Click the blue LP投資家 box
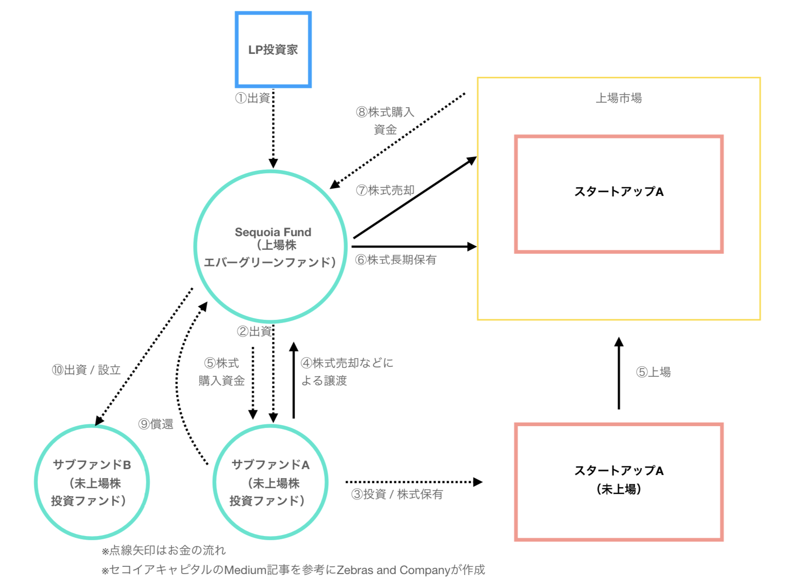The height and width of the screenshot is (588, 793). [x=273, y=49]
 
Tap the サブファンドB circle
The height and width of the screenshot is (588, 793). [x=92, y=482]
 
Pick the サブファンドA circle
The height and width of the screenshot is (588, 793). [x=270, y=482]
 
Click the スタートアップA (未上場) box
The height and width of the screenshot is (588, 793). [x=619, y=482]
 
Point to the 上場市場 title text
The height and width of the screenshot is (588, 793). [x=619, y=98]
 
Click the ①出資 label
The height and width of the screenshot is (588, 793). [x=253, y=98]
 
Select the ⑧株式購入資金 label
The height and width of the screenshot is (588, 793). [x=385, y=120]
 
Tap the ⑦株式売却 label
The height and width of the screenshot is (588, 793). [x=385, y=190]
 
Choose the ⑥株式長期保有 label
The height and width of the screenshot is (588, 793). [x=396, y=260]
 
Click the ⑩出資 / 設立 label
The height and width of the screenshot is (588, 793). [x=86, y=370]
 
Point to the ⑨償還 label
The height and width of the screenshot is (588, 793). [x=156, y=424]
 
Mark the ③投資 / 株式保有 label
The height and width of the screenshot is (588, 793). [x=397, y=494]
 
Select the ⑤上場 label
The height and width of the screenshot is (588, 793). [x=653, y=372]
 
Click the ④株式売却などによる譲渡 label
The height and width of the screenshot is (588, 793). [x=347, y=371]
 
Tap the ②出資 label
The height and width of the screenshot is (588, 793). [x=254, y=332]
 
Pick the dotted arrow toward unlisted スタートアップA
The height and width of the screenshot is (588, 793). [x=413, y=482]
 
